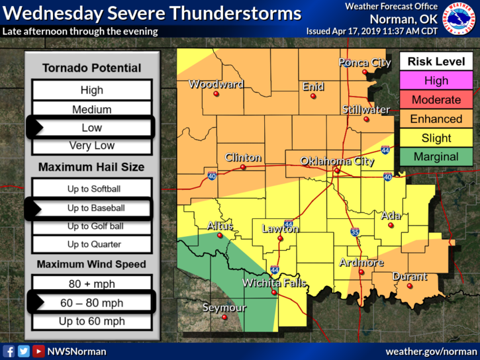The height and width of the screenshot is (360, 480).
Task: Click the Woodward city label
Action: (216, 84)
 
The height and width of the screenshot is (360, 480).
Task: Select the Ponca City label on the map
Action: (364, 63)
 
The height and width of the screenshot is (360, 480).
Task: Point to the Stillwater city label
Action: (366, 109)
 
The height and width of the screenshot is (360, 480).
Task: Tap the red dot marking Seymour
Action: (224, 318)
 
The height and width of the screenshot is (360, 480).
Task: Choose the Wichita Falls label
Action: (274, 283)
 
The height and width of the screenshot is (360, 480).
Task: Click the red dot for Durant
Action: (409, 287)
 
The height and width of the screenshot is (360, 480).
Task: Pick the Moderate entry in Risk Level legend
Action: (436, 100)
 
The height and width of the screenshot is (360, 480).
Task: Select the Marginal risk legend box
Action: (436, 157)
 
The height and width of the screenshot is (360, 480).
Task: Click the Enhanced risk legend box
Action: (436, 119)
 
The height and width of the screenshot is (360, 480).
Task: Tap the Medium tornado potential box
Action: (91, 109)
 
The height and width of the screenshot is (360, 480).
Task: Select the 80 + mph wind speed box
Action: (91, 285)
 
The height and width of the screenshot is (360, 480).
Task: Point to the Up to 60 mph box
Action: (91, 322)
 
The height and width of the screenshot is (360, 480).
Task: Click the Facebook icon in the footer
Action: (9, 351)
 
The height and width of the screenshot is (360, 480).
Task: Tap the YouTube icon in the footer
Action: (38, 351)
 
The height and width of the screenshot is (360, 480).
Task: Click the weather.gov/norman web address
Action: (430, 351)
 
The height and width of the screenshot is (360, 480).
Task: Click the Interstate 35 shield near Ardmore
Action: (355, 232)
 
